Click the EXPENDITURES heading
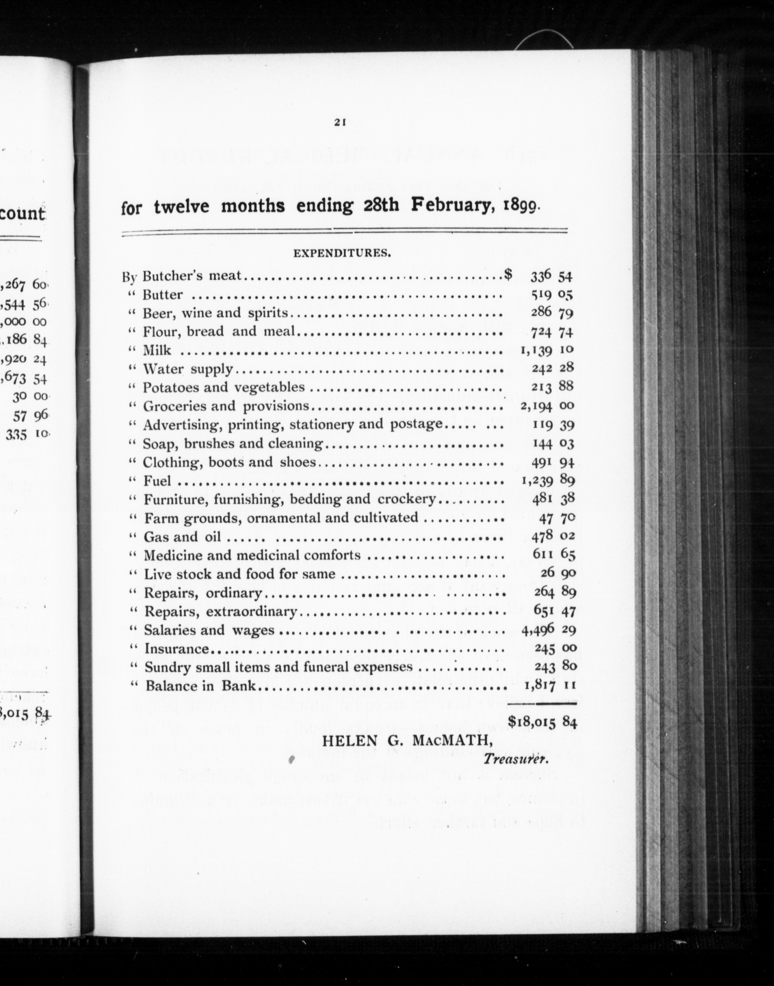coord(342,253)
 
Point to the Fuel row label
coord(157,480)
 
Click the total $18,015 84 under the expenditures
coord(542,721)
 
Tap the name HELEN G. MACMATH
coord(401,741)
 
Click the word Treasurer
coord(516,758)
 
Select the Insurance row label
coord(176,649)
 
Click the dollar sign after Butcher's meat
coord(508,274)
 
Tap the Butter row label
coord(162,295)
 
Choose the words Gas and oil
coord(182,537)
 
